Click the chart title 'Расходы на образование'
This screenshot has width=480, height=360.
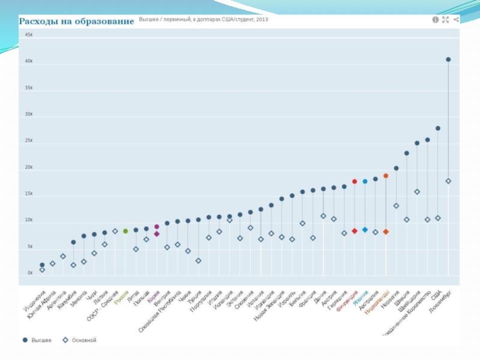[76, 22]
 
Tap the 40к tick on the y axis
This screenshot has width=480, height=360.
[29, 61]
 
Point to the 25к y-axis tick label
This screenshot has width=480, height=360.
[29, 140]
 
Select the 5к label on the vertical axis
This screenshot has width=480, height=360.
[30, 247]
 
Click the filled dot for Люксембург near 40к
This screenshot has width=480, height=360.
[448, 59]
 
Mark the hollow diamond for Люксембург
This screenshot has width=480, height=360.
[448, 181]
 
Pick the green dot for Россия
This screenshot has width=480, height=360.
[125, 231]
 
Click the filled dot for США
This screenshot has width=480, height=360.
[438, 128]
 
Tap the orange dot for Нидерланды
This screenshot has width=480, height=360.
[386, 176]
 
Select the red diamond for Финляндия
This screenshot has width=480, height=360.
[355, 231]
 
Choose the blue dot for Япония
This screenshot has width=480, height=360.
[365, 181]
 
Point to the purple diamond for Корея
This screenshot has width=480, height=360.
[157, 234]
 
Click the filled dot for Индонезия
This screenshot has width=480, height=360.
[42, 265]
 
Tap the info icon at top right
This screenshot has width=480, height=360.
[435, 19]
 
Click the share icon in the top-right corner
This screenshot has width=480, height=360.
[456, 19]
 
